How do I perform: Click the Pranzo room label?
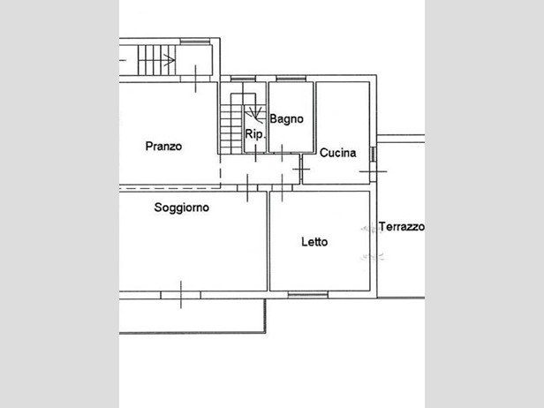tap(163, 147)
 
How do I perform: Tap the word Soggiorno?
tap(181, 208)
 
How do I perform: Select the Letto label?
tap(314, 242)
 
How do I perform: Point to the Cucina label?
tap(337, 153)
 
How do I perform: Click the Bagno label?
tap(286, 119)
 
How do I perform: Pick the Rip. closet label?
tap(254, 134)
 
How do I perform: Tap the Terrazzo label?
tap(402, 227)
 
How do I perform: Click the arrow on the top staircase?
tap(169, 60)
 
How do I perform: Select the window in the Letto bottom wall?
tap(308, 295)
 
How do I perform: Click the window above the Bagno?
tap(291, 79)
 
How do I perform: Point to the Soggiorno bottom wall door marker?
tap(181, 295)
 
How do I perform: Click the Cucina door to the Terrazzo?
tap(373, 171)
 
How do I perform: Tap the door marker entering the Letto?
tap(282, 188)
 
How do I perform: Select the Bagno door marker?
tap(282, 153)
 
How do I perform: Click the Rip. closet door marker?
tap(256, 153)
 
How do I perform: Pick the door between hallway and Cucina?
tap(301, 170)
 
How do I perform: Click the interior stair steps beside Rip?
tap(231, 130)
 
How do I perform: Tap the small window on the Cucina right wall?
tap(373, 155)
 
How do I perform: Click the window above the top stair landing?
tap(195, 42)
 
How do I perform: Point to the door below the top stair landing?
tap(196, 79)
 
